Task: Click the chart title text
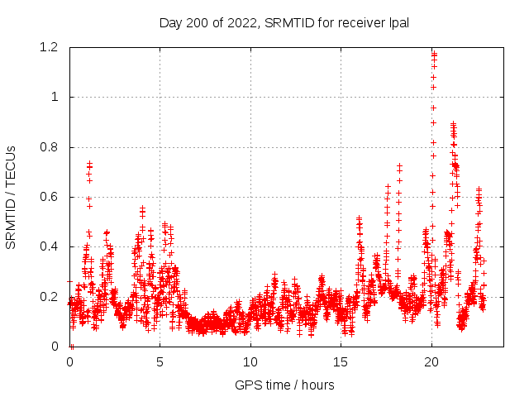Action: [x=284, y=22]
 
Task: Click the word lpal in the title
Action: [x=399, y=22]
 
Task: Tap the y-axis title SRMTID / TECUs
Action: [x=11, y=197]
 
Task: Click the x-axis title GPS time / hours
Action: [x=284, y=385]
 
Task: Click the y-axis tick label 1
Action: [x=55, y=97]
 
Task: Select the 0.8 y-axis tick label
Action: [x=50, y=147]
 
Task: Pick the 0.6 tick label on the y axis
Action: [x=50, y=197]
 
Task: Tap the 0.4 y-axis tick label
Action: [x=50, y=246]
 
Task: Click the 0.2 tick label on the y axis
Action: [x=50, y=296]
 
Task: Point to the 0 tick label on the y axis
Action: [x=55, y=347]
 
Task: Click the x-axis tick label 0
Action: [x=69, y=362]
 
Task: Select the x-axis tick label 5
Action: [x=160, y=362]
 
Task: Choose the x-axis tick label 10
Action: [x=250, y=362]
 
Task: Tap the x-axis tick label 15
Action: [x=341, y=362]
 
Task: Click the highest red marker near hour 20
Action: [x=433, y=54]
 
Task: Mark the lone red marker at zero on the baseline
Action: [x=72, y=346]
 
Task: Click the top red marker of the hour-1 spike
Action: [x=89, y=164]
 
